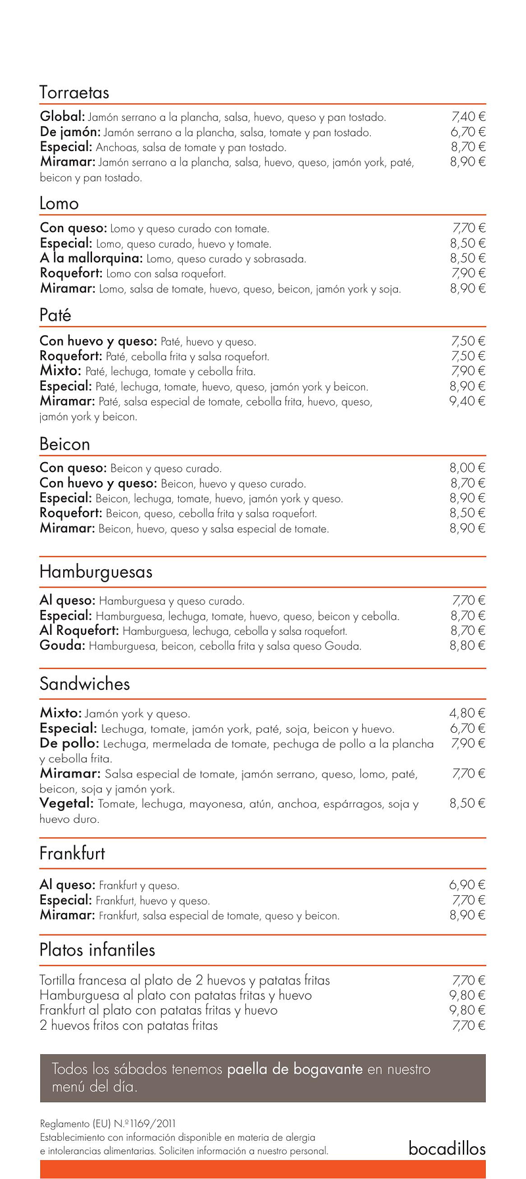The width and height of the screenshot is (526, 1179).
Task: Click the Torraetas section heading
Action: coord(74,93)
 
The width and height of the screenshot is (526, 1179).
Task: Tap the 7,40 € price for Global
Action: coord(468,117)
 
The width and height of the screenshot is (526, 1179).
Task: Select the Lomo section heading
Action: coord(59,204)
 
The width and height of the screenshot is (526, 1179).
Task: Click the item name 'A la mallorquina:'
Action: coord(91,258)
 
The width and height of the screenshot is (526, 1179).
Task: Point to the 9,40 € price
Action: coord(467,401)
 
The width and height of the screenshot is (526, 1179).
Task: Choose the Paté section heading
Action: coord(55,315)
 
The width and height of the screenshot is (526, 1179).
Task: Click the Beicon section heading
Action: coord(64,444)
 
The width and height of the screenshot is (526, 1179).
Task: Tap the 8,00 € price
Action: coord(467,468)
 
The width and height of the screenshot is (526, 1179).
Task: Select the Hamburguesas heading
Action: coord(96,572)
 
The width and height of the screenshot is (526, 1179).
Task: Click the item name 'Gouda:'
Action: coord(62,645)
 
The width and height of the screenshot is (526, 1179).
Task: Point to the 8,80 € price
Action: coord(467,645)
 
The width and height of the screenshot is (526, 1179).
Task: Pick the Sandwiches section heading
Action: coord(85,684)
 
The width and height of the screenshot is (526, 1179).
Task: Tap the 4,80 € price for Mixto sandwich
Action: coord(467,713)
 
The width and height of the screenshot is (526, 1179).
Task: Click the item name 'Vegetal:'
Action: coord(67,803)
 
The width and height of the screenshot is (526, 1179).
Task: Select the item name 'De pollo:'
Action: coord(69,743)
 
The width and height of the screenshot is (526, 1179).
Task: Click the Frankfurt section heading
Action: coord(72,854)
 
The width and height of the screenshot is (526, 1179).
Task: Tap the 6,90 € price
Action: coord(467,885)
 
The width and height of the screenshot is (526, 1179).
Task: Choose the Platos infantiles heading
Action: coord(97,950)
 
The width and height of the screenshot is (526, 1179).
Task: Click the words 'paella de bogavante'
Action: coord(295,1069)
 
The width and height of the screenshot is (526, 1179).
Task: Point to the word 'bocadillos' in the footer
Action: coord(447,1149)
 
